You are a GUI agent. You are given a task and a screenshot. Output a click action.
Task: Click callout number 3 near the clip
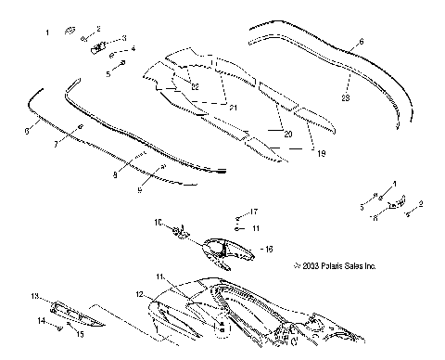coord(124,38)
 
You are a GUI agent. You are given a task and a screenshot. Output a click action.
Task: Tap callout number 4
coord(133,48)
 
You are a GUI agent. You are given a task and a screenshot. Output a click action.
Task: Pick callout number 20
coord(286,135)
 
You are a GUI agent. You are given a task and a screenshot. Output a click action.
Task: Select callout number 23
coord(345,96)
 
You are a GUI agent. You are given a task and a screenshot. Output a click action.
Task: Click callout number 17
coord(254,212)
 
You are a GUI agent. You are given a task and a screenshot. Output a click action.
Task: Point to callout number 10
coord(158,223)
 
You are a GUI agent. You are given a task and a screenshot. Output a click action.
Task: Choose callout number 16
coord(270,249)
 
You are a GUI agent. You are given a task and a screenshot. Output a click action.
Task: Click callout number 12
coord(140,294)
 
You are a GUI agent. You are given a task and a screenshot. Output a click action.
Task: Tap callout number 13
coord(35,297)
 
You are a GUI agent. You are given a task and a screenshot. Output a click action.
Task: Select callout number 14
coord(41,320)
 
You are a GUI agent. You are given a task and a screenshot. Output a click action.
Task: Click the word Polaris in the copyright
coord(339,266)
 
